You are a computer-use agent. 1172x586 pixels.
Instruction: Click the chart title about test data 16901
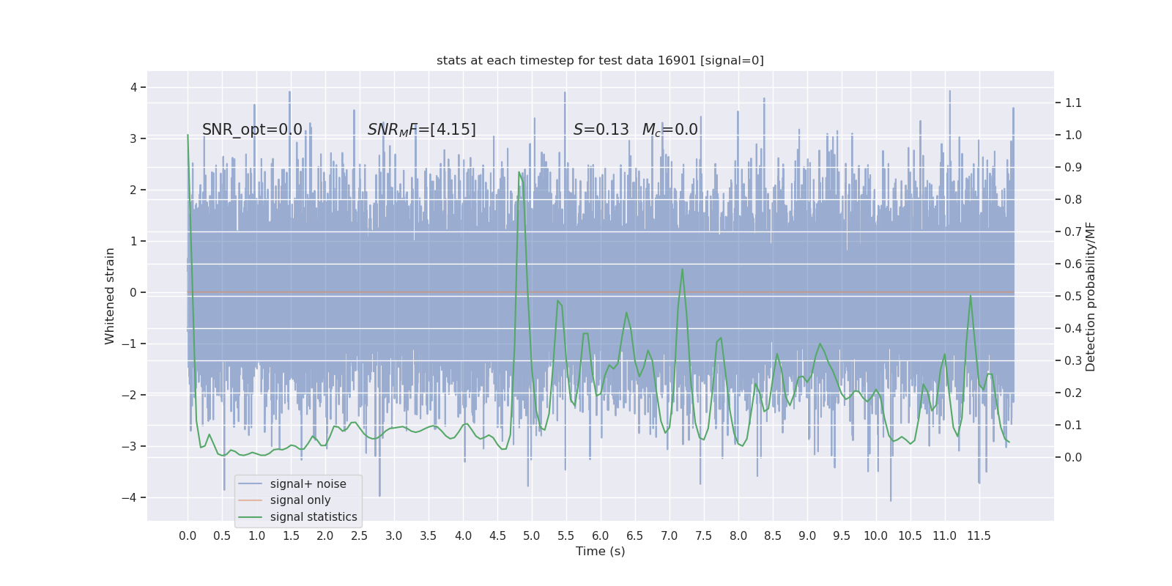click(x=600, y=61)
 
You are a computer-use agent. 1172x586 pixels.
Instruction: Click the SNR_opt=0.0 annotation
click(x=252, y=130)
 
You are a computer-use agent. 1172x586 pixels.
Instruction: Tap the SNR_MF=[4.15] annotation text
click(x=421, y=130)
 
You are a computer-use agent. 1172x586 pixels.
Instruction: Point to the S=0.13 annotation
click(x=601, y=130)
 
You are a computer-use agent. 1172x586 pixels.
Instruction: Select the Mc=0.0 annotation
click(x=670, y=130)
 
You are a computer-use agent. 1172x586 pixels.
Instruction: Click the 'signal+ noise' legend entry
click(x=308, y=484)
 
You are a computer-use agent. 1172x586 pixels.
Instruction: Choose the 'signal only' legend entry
click(x=300, y=500)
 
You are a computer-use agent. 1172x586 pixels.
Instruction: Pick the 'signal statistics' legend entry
click(x=313, y=517)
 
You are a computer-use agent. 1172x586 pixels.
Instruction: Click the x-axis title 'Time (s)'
click(x=600, y=552)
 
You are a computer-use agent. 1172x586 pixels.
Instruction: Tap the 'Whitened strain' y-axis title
click(x=110, y=296)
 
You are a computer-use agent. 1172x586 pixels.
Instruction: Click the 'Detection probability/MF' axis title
click(x=1091, y=296)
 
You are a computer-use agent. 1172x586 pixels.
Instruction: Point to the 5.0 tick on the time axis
click(x=532, y=536)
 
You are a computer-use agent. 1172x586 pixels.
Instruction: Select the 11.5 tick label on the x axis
click(x=979, y=536)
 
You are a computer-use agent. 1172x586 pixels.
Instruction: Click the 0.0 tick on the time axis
click(x=188, y=536)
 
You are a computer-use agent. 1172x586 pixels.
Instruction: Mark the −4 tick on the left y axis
click(x=132, y=498)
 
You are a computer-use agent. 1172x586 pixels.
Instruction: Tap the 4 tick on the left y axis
click(x=133, y=88)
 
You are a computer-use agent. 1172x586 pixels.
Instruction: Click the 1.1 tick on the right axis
click(x=1073, y=103)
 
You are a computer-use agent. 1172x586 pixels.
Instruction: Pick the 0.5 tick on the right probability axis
click(x=1073, y=297)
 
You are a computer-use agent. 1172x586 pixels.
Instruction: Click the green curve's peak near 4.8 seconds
click(x=519, y=173)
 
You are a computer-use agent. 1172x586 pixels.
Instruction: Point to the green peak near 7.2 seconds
click(x=682, y=269)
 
